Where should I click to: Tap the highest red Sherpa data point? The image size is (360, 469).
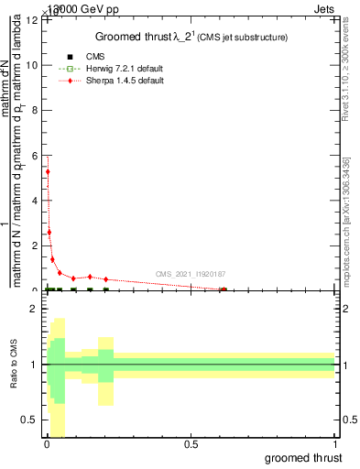point(48,171)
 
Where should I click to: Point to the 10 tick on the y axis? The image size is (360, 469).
point(34,65)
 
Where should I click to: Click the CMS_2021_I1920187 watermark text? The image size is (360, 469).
point(190,274)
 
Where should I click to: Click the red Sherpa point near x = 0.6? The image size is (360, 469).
point(223,289)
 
